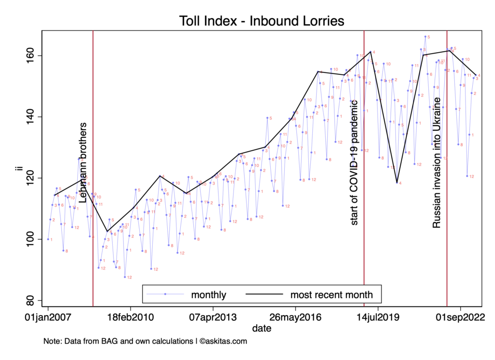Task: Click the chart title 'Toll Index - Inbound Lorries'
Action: [x=261, y=21]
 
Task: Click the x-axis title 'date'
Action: [x=261, y=329]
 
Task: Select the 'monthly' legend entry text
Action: [x=209, y=294]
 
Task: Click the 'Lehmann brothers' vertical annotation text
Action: [x=83, y=162]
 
